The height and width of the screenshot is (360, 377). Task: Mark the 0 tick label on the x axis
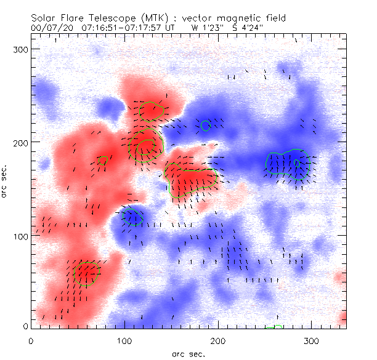(x=31, y=341)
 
